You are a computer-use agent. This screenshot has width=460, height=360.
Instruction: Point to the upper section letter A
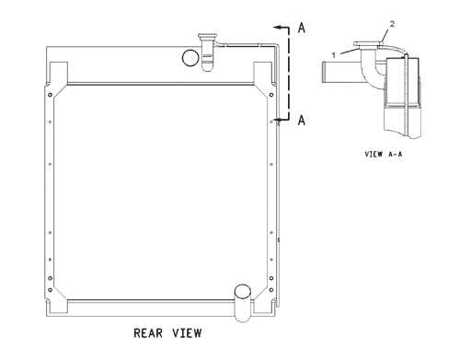(300, 29)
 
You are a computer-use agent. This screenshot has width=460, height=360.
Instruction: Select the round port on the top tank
(190, 58)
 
